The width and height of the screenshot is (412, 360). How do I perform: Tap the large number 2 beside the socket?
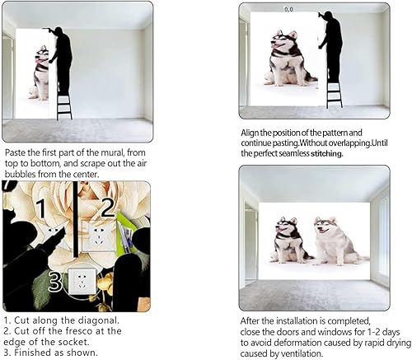107,207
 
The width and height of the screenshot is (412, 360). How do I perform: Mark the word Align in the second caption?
253,132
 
